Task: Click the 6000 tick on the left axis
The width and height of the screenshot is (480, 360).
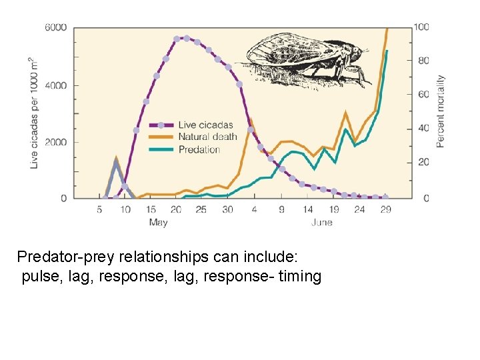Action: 55,27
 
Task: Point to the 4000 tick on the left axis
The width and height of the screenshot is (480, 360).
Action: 55,85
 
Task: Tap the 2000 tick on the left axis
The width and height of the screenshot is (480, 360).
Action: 55,142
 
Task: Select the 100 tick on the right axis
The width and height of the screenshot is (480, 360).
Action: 421,27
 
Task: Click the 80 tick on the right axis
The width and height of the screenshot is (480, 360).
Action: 423,61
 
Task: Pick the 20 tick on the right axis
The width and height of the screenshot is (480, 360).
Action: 423,163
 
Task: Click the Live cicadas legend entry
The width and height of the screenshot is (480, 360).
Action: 205,125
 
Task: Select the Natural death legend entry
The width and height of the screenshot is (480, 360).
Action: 207,137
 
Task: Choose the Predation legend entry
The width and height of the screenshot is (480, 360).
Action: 199,149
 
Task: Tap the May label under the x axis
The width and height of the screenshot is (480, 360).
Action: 158,222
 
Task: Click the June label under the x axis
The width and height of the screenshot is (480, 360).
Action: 321,222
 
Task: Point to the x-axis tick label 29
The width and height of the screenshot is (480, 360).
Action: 385,209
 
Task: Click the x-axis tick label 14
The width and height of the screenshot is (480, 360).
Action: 308,209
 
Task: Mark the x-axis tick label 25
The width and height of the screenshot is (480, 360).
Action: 201,209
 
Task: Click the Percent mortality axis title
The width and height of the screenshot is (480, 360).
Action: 441,111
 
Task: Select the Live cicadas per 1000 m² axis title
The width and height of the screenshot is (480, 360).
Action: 34,113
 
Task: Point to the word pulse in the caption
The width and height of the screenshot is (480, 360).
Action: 41,276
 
